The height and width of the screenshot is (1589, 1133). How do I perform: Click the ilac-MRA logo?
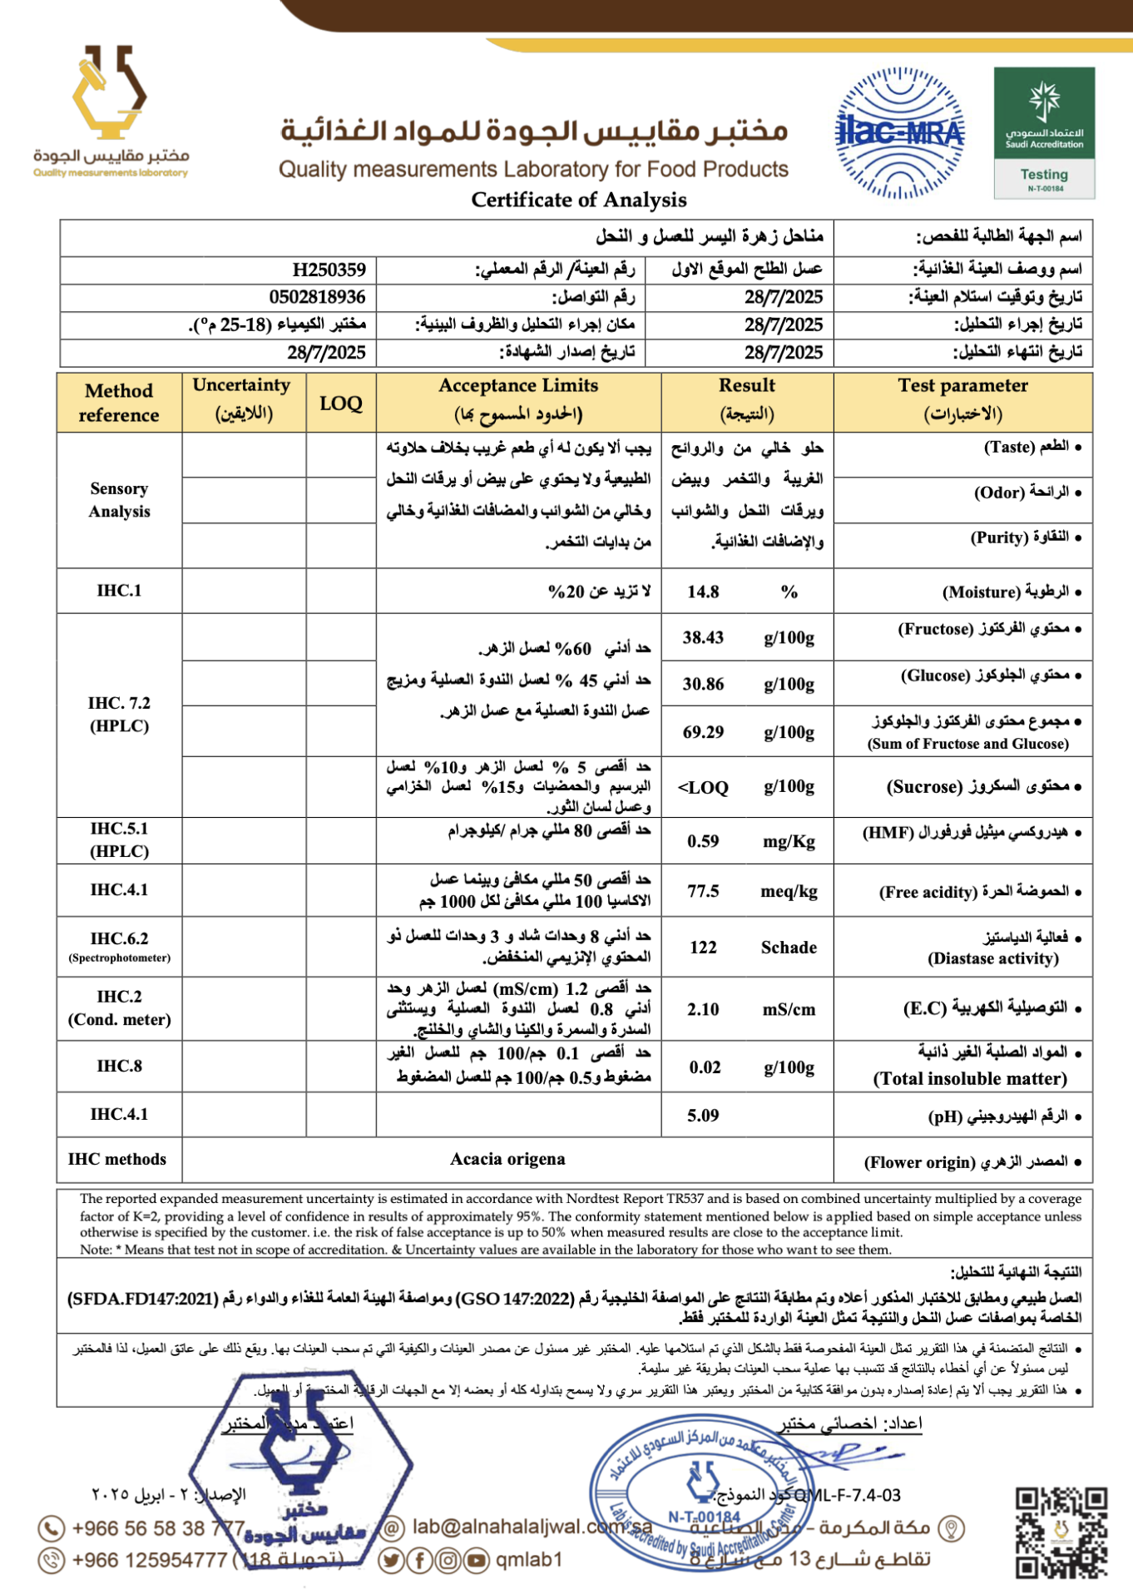(x=900, y=133)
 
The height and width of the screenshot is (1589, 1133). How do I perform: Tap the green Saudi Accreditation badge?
(x=1044, y=133)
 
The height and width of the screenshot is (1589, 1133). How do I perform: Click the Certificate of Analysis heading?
(x=579, y=200)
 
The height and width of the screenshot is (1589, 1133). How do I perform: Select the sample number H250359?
(x=329, y=270)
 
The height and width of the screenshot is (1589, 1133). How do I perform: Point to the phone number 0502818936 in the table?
(x=318, y=297)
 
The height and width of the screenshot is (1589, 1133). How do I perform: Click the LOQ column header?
(x=341, y=403)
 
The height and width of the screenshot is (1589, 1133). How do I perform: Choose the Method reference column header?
(x=119, y=403)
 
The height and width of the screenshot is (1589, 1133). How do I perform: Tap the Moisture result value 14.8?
(x=703, y=592)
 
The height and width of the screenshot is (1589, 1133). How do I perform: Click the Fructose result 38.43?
(x=703, y=638)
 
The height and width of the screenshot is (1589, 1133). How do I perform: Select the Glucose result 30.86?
(x=703, y=684)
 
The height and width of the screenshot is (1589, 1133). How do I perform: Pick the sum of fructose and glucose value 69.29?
(x=703, y=732)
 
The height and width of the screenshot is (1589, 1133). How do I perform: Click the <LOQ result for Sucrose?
(x=703, y=787)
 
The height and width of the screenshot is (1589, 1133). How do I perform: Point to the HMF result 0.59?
(x=703, y=841)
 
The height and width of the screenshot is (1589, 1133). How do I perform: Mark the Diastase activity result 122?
(x=703, y=947)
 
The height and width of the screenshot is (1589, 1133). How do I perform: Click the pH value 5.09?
(x=703, y=1115)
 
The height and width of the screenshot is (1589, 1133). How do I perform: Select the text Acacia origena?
(x=507, y=1159)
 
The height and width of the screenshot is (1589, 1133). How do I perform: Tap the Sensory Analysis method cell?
(x=119, y=500)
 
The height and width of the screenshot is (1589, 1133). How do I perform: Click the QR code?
(x=1061, y=1532)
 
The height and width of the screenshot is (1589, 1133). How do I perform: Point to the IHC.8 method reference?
(x=119, y=1066)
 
